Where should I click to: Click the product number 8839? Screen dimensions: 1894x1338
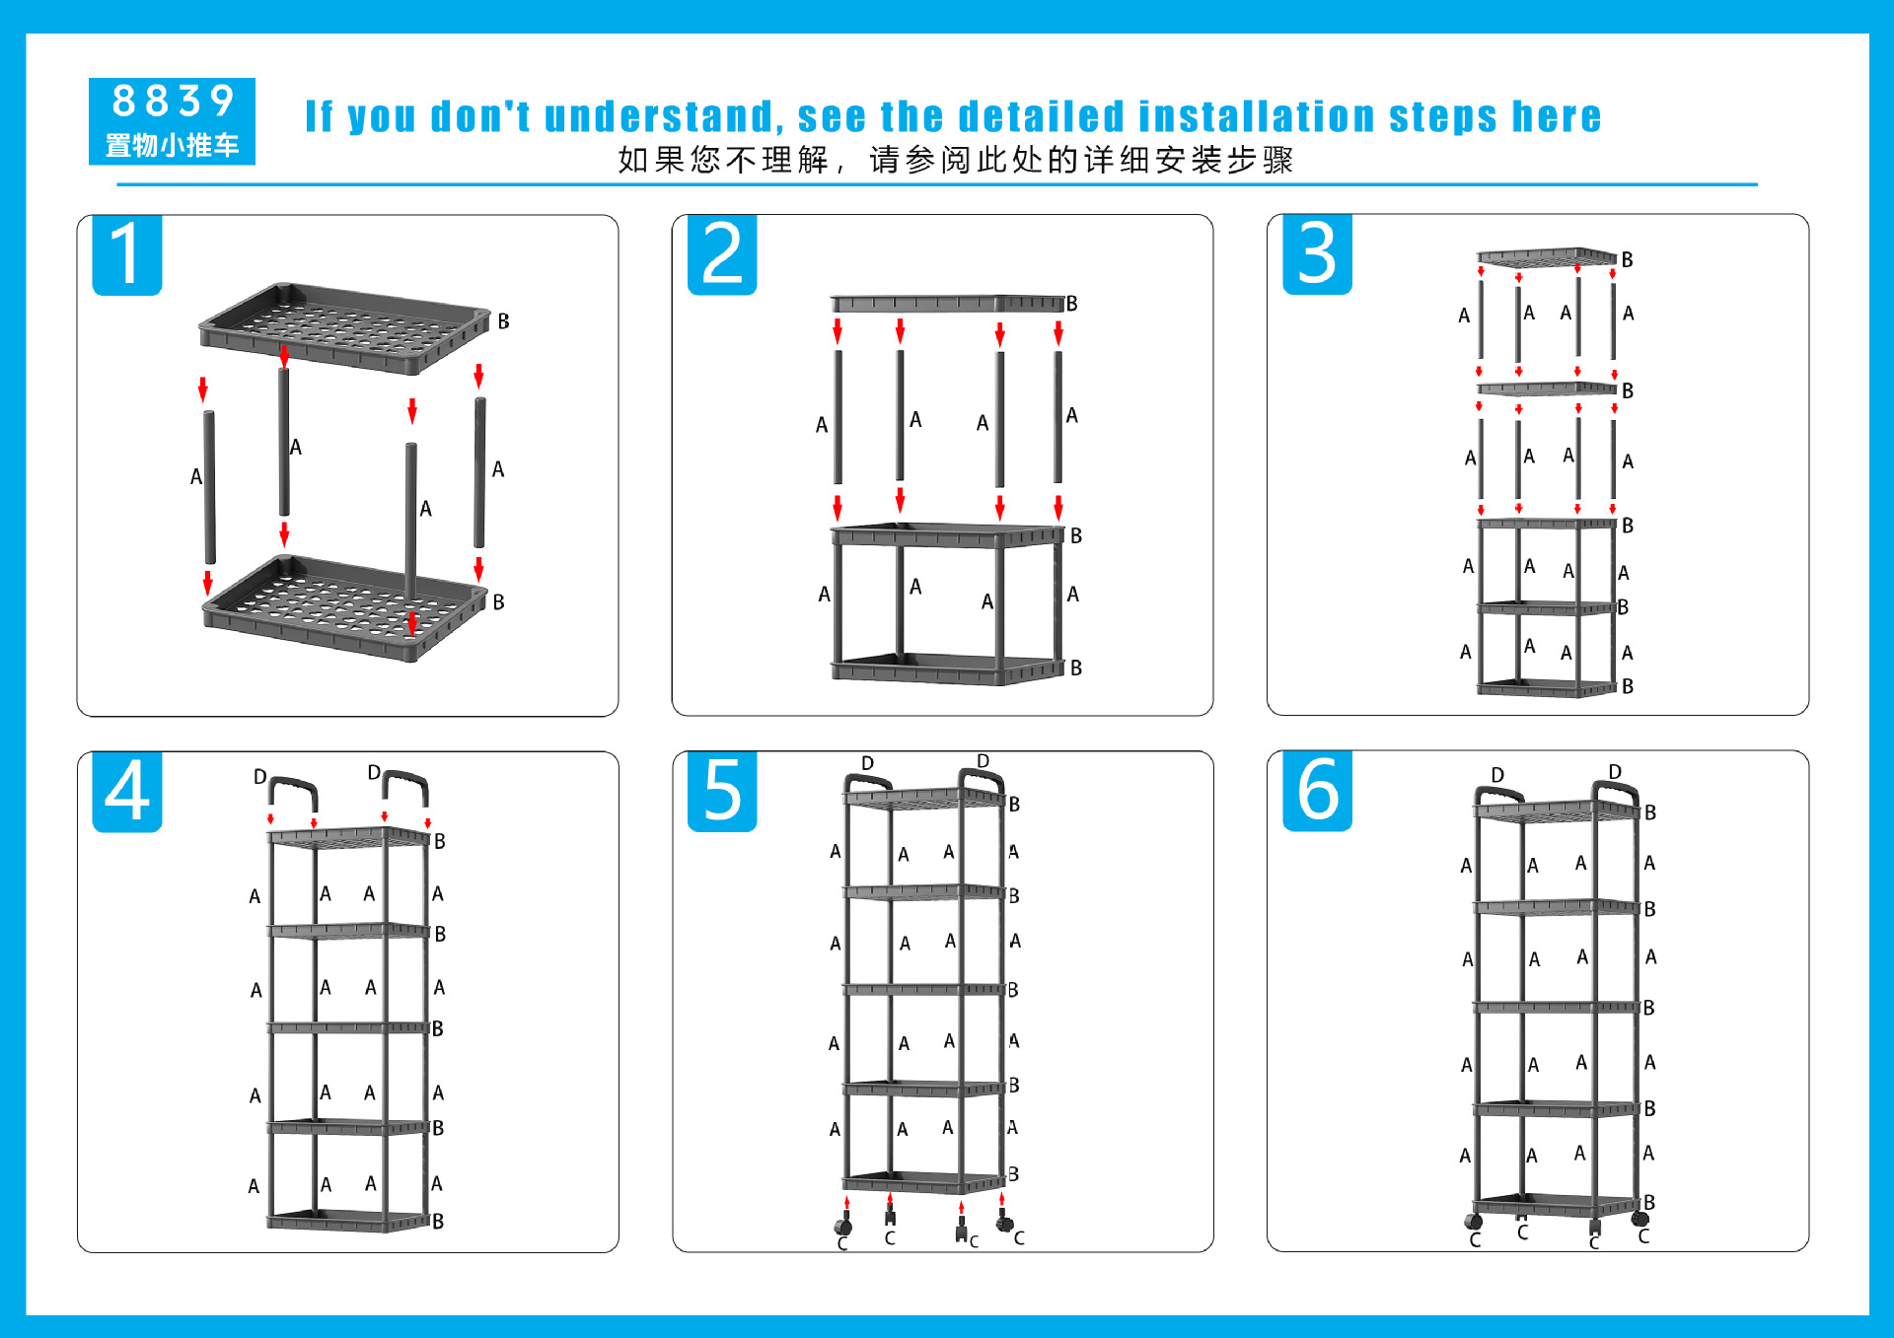(173, 101)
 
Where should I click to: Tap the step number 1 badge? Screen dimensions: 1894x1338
(127, 254)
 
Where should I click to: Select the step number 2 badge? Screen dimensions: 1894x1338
(722, 254)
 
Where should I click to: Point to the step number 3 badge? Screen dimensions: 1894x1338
(1317, 253)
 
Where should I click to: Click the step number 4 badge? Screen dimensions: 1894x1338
(127, 792)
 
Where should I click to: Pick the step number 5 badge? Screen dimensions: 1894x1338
(722, 791)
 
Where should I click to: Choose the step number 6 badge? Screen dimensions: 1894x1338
(1317, 791)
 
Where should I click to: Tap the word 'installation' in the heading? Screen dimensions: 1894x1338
(1257, 116)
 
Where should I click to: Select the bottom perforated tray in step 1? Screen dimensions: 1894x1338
(344, 606)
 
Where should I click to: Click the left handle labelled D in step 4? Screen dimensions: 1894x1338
(293, 792)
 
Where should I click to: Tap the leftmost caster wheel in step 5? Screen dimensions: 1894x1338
(843, 1226)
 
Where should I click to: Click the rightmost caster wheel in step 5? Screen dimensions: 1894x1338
(1004, 1223)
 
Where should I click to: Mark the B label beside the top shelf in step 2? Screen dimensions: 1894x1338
(1071, 304)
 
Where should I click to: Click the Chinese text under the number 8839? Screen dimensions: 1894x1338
(173, 146)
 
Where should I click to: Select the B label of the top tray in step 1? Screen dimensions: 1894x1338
(503, 321)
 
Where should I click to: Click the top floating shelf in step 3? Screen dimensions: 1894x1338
(1547, 258)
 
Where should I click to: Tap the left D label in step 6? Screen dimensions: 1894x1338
(1497, 775)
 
